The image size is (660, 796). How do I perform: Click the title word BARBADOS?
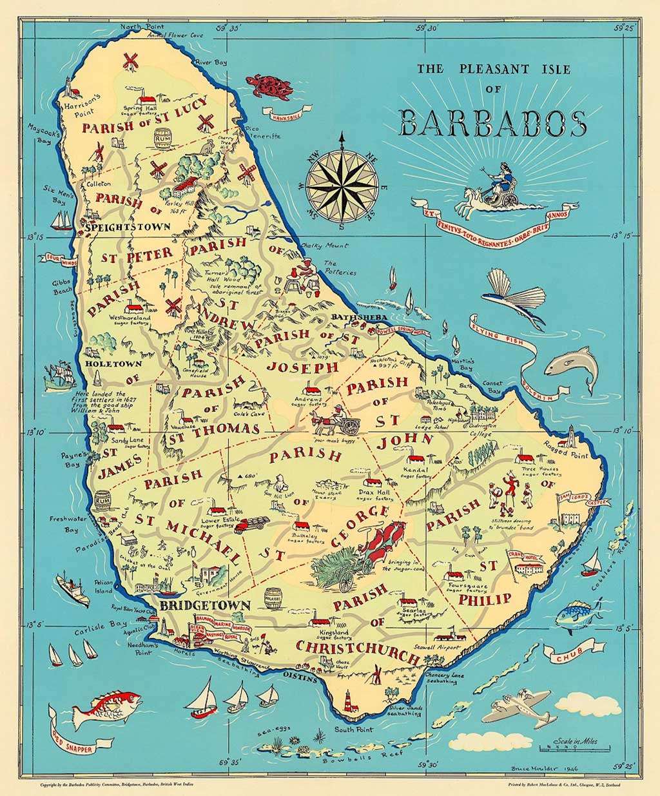click(493, 123)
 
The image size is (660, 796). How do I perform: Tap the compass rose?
click(344, 181)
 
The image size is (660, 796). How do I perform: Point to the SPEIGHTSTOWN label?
click(127, 227)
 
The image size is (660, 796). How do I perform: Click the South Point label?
click(353, 730)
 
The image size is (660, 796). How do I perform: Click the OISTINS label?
click(300, 678)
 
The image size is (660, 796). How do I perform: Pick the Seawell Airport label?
click(438, 647)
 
